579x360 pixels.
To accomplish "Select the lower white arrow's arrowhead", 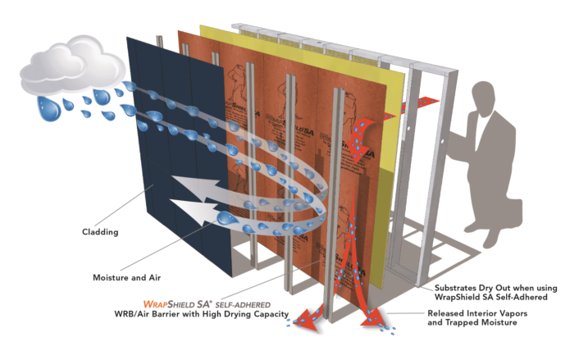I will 187,215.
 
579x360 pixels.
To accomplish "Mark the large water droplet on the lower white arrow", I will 224,218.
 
